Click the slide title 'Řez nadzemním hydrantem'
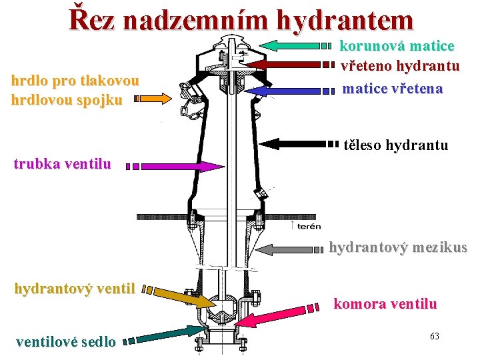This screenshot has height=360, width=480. click(241, 20)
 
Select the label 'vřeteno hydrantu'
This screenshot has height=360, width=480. click(400, 67)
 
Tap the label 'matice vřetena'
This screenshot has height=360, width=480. click(392, 88)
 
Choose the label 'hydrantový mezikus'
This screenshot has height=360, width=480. click(398, 247)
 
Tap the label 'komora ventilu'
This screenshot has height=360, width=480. click(385, 304)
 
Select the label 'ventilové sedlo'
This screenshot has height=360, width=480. click(65, 341)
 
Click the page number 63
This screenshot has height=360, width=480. click(434, 335)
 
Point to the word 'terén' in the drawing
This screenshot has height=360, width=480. click(309, 226)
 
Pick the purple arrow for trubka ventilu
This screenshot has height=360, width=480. click(180, 167)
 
